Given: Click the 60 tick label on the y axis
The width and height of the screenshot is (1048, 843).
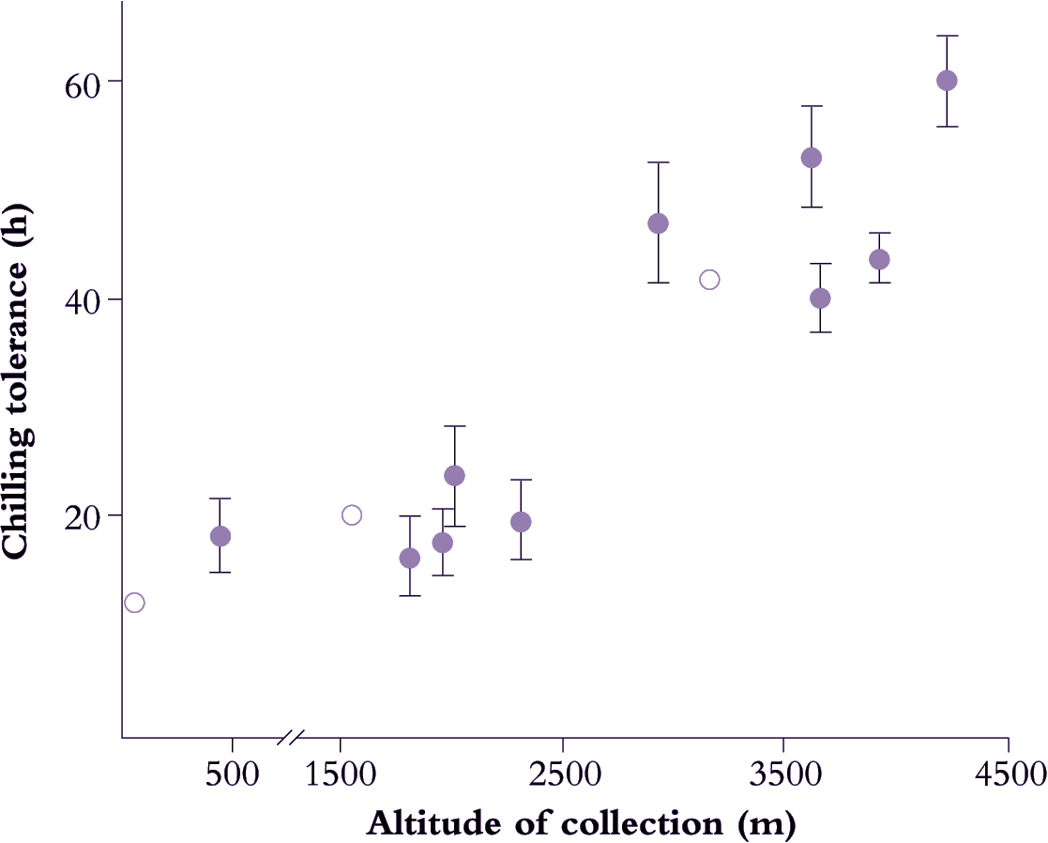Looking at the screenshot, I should tap(82, 81).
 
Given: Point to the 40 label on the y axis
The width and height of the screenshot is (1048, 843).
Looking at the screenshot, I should tap(82, 299).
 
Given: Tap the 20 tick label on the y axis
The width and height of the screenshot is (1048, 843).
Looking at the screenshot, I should tap(82, 515).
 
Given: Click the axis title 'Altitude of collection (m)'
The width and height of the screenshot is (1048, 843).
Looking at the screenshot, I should tap(581, 823).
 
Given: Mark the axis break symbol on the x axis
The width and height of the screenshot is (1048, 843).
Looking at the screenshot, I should tap(291, 738).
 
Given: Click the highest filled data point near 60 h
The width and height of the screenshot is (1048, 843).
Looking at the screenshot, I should tap(947, 81).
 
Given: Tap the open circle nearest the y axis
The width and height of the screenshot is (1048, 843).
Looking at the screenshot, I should tap(134, 603).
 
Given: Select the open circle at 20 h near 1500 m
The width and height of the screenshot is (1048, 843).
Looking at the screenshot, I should tap(352, 514).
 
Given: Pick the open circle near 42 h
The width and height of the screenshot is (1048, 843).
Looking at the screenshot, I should tap(709, 280).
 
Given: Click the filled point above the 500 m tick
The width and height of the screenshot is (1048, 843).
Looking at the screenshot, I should tap(220, 536).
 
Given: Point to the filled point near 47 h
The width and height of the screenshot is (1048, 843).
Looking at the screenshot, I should tap(658, 223).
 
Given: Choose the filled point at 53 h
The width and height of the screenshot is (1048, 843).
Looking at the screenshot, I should tap(811, 158).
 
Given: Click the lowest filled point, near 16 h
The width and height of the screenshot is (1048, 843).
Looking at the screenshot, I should tap(409, 559).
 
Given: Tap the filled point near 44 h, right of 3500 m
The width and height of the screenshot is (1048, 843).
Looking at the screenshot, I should tap(879, 259).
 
